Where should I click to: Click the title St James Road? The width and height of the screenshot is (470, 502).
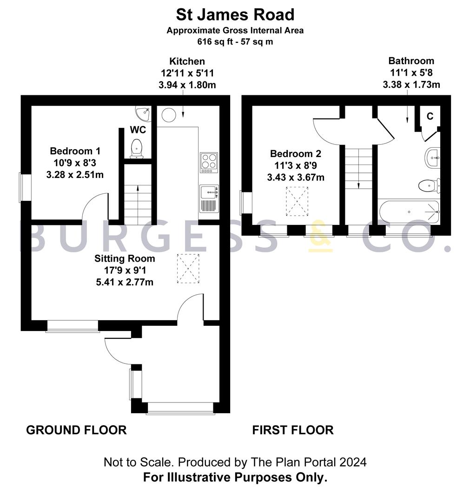(x=235, y=14)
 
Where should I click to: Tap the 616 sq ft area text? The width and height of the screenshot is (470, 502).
(x=235, y=41)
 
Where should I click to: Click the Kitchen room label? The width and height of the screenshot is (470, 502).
(x=187, y=61)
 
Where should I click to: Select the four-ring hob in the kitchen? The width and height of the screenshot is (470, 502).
(x=209, y=162)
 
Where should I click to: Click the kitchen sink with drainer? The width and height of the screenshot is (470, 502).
(x=209, y=198)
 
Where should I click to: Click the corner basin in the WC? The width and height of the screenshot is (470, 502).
(x=143, y=112)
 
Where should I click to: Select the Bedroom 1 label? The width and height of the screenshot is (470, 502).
(x=75, y=151)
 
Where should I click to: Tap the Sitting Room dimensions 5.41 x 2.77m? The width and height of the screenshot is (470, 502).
(x=125, y=282)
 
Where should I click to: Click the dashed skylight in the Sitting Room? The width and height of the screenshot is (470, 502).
(x=189, y=269)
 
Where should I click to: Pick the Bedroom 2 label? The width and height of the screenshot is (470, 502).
(x=296, y=153)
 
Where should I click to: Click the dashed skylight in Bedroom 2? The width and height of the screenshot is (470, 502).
(x=297, y=201)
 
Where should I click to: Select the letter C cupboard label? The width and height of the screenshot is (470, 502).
(x=430, y=116)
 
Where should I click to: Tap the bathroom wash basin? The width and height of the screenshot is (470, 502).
(x=433, y=158)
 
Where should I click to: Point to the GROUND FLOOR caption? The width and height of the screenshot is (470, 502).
(x=76, y=430)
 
